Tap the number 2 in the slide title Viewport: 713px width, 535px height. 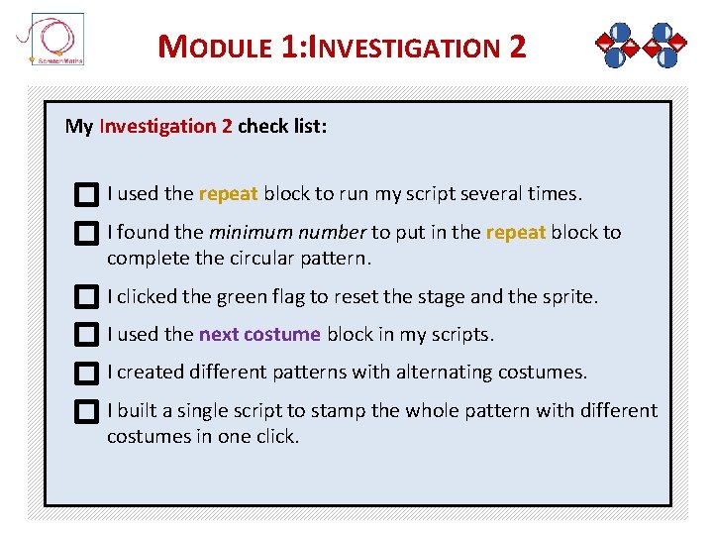[x=517, y=46]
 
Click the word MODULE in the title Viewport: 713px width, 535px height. [x=215, y=47]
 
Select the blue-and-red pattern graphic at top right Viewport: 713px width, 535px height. [x=641, y=45]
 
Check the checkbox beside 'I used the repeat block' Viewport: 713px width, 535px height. [x=87, y=195]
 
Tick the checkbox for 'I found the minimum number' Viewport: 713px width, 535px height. [x=87, y=234]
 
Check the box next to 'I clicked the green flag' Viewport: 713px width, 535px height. [x=87, y=297]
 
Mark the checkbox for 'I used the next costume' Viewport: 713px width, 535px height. [x=87, y=335]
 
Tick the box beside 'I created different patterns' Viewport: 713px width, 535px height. [x=87, y=374]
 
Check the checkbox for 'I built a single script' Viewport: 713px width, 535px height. [x=87, y=411]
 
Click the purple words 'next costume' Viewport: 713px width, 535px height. [x=259, y=335]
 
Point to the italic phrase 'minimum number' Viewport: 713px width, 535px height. [x=287, y=233]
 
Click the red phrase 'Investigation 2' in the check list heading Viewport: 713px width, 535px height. [x=166, y=127]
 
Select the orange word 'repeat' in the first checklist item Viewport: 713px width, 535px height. [x=228, y=194]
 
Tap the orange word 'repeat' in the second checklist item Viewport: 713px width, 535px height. [x=515, y=233]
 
